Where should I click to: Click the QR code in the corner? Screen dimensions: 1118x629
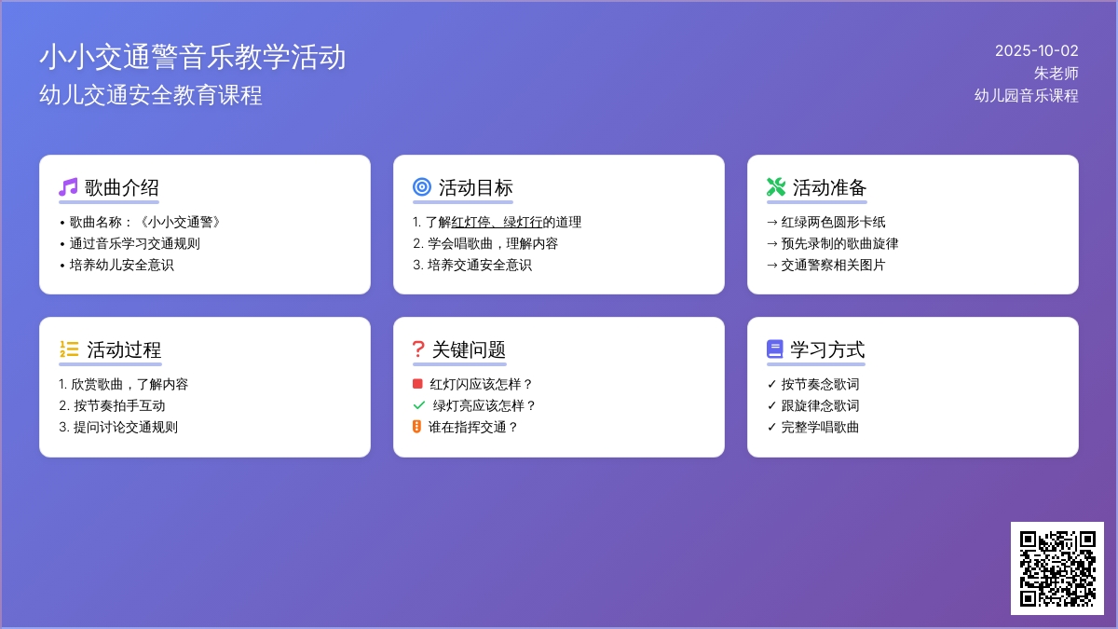pyautogui.click(x=1057, y=568)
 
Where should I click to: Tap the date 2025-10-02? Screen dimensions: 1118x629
pyautogui.click(x=1037, y=51)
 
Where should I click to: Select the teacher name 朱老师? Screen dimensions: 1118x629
pyautogui.click(x=1056, y=74)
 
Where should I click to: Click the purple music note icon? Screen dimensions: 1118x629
pyautogui.click(x=68, y=187)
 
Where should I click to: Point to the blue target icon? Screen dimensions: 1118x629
pyautogui.click(x=422, y=187)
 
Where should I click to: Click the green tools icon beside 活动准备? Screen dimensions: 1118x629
pyautogui.click(x=776, y=187)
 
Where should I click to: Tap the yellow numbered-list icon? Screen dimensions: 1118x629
pyautogui.click(x=69, y=349)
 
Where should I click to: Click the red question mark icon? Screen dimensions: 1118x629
pyautogui.click(x=418, y=349)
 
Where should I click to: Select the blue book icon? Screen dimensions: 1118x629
pyautogui.click(x=774, y=349)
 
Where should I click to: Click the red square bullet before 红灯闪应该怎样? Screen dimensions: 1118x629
pyautogui.click(x=417, y=383)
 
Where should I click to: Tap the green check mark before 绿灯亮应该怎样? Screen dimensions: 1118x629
pyautogui.click(x=419, y=405)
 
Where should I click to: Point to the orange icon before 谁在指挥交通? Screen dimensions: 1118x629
pyautogui.click(x=416, y=427)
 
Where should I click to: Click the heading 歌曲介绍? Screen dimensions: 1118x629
pyautogui.click(x=121, y=187)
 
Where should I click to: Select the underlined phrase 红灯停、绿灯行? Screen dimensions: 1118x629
pyautogui.click(x=497, y=222)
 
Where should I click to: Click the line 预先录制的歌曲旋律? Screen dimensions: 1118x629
pyautogui.click(x=839, y=243)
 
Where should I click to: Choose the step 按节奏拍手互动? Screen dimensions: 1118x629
pyautogui.click(x=119, y=406)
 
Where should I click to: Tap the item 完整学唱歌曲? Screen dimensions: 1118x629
pyautogui.click(x=820, y=428)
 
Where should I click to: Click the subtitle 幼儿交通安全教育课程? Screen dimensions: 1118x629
pyautogui.click(x=151, y=95)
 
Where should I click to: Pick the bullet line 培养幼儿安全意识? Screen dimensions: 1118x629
pyautogui.click(x=122, y=265)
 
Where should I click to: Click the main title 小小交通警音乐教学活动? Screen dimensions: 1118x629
pyautogui.click(x=193, y=57)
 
